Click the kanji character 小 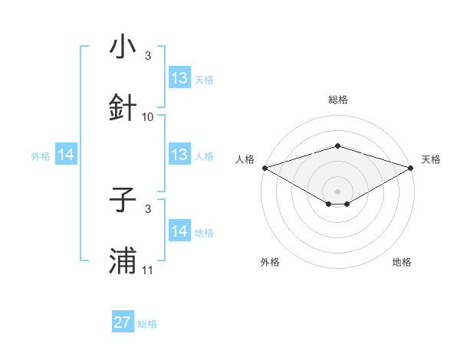pos(123,47)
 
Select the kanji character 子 pos(123,201)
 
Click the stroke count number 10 pos(148,117)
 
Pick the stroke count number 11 pos(148,270)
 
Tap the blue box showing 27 pos(123,322)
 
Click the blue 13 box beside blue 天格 pos(179,78)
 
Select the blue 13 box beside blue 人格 pos(179,155)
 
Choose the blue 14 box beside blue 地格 pos(179,231)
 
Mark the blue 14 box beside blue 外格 pos(66,155)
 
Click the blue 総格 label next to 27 pos(147,324)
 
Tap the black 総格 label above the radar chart pos(337,100)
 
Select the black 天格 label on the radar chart pos(431,159)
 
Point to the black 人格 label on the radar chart pos(245,159)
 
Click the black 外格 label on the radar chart pos(270,263)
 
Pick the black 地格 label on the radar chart pos(402,263)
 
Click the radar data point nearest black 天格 pos(411,167)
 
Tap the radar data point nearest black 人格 pos(264,167)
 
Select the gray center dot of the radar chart pos(337,190)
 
